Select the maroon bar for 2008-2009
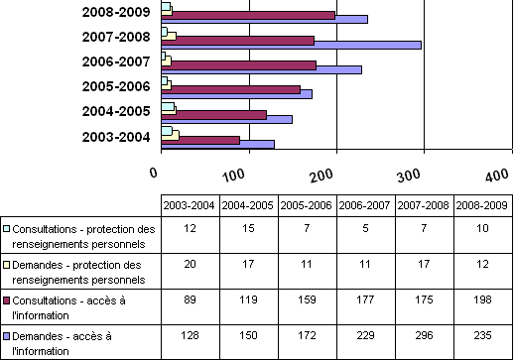tap(248, 15)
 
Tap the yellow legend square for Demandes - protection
tap(7, 265)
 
